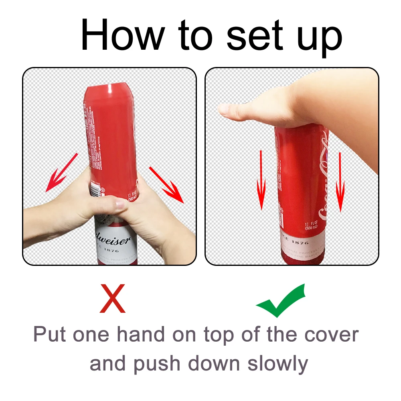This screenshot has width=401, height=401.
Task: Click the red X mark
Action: [x=113, y=299]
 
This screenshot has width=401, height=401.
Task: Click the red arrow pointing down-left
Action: [x=61, y=172]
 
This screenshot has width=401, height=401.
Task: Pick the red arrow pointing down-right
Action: [x=166, y=184]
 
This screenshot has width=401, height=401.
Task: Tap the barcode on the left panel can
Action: [x=95, y=189]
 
